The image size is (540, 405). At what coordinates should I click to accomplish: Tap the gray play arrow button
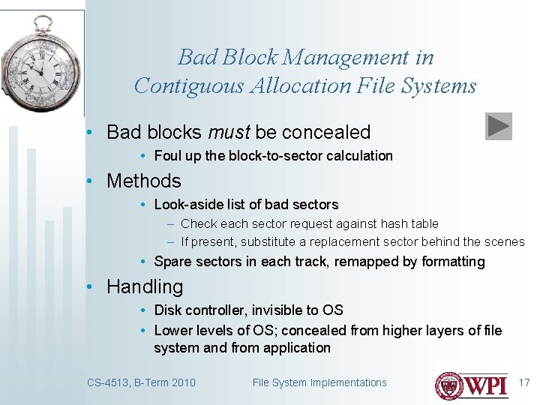[498, 126]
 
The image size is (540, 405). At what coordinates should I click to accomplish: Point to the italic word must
[229, 132]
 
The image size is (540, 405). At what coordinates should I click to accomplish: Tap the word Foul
[166, 156]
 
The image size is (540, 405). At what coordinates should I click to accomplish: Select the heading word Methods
[144, 181]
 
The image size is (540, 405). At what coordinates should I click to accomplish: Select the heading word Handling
[145, 286]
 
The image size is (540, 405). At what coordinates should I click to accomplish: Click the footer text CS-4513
[107, 382]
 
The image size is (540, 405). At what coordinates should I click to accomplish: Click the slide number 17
[524, 382]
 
